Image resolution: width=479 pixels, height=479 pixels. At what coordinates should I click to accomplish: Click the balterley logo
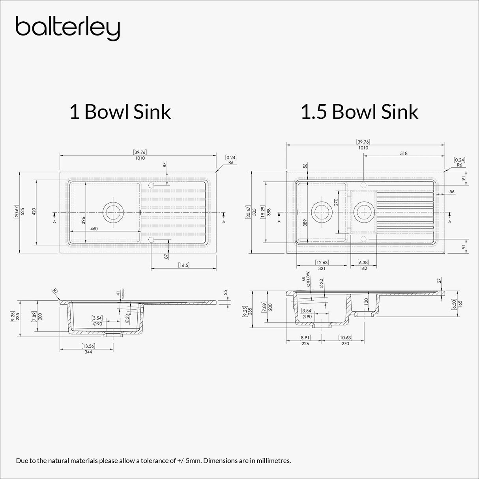(x=67, y=28)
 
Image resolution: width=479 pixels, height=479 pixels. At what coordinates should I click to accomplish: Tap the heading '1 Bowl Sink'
(x=120, y=112)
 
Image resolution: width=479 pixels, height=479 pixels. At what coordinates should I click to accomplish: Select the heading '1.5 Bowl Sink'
(x=359, y=112)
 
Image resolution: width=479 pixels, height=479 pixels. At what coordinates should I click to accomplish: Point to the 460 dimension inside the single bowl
(x=94, y=228)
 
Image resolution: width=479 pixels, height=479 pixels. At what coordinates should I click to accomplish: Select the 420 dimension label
(x=34, y=211)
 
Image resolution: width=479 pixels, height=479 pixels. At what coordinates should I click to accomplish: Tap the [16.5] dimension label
(x=183, y=265)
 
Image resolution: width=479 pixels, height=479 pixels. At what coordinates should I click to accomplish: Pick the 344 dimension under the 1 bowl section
(x=88, y=352)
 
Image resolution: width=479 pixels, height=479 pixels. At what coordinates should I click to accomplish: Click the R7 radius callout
(x=55, y=291)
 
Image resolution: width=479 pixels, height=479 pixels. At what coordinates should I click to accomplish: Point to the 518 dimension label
(x=403, y=153)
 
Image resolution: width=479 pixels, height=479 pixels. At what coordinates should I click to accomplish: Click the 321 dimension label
(x=322, y=268)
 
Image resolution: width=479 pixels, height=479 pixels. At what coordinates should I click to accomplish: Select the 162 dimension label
(x=363, y=268)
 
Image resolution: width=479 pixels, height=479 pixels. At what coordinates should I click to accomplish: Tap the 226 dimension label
(x=305, y=344)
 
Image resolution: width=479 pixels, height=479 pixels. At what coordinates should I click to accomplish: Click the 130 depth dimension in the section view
(x=366, y=301)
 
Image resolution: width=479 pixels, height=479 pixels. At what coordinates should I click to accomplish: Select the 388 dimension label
(x=269, y=211)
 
